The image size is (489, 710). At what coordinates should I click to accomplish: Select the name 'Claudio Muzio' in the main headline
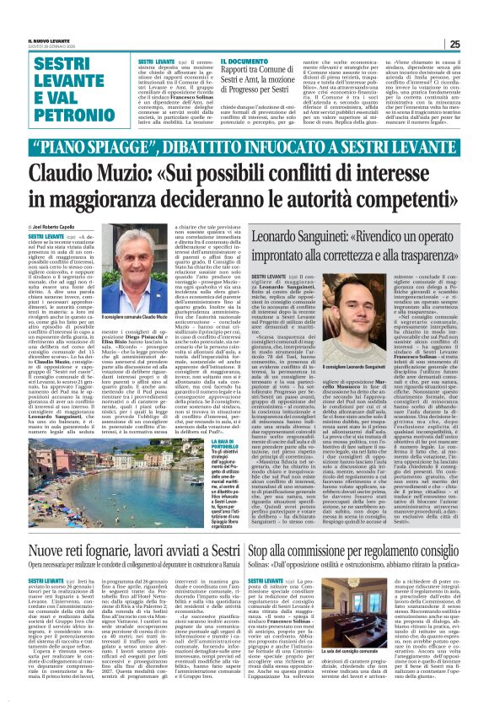pyautogui.click(x=94, y=176)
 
